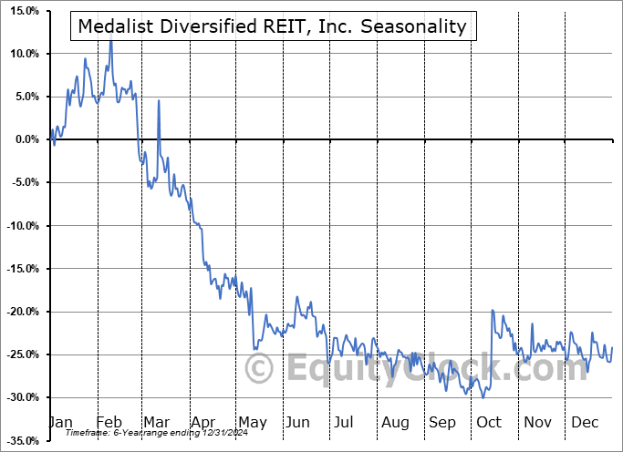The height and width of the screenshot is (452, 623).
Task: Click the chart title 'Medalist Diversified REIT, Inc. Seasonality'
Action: tap(273, 26)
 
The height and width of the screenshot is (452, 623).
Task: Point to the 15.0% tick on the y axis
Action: tap(21, 11)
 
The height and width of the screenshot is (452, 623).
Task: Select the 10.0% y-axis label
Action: tap(21, 54)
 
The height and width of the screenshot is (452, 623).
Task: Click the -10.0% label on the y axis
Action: tap(19, 226)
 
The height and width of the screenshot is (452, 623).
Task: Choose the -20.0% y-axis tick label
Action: tap(19, 312)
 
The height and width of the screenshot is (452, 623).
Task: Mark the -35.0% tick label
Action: tap(19, 441)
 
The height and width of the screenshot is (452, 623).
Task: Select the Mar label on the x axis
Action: tap(158, 422)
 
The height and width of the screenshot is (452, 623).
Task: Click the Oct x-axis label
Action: tap(489, 422)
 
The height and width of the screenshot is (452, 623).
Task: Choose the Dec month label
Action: tap(584, 422)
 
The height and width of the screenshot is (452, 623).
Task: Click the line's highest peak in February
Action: tap(111, 40)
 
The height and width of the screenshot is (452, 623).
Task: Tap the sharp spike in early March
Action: tap(159, 100)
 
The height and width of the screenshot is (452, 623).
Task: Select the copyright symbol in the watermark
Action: tap(260, 369)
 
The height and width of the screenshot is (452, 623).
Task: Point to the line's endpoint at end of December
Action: tap(611, 347)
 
